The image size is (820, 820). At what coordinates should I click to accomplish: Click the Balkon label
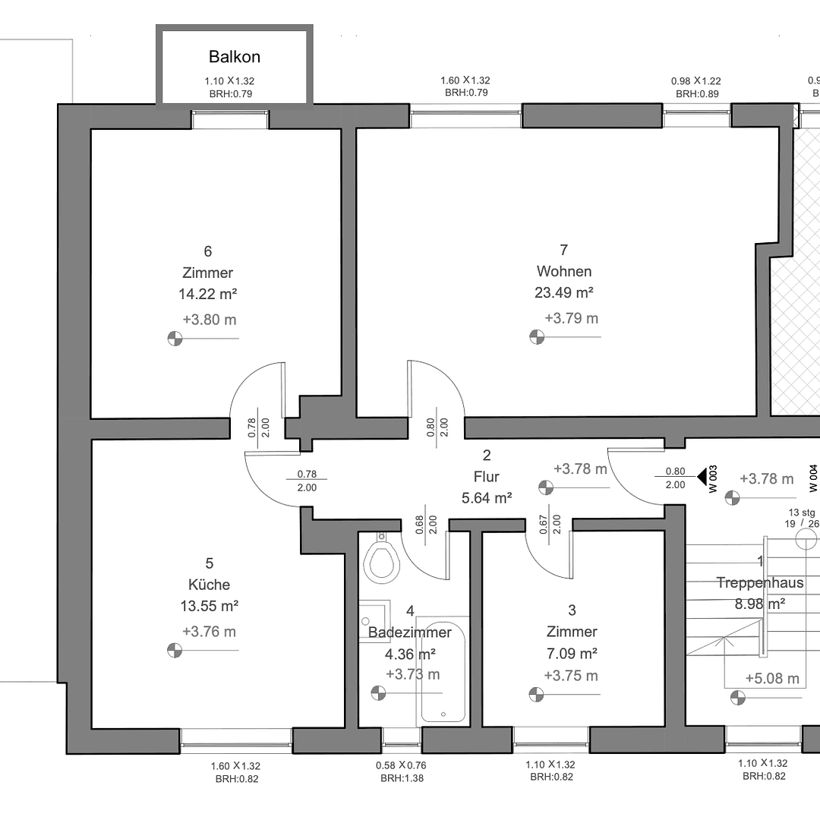[235, 57]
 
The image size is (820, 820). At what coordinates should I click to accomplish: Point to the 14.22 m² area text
[207, 294]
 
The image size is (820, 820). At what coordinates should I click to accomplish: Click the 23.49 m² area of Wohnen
[563, 292]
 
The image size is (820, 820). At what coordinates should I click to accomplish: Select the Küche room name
[209, 585]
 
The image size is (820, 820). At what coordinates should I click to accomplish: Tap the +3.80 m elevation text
[210, 320]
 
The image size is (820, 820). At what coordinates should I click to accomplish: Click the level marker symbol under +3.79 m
[536, 336]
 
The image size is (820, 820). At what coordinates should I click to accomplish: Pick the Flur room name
[486, 477]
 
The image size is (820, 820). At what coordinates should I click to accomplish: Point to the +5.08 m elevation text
[771, 678]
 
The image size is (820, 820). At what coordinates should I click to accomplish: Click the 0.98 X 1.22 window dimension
[695, 80]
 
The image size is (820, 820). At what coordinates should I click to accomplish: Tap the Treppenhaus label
[759, 583]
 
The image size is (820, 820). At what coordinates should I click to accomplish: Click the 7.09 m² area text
[571, 653]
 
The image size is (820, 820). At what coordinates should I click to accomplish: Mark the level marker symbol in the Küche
[175, 650]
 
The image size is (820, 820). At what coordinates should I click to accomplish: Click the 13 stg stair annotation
[802, 512]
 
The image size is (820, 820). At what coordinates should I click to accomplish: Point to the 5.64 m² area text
[486, 498]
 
